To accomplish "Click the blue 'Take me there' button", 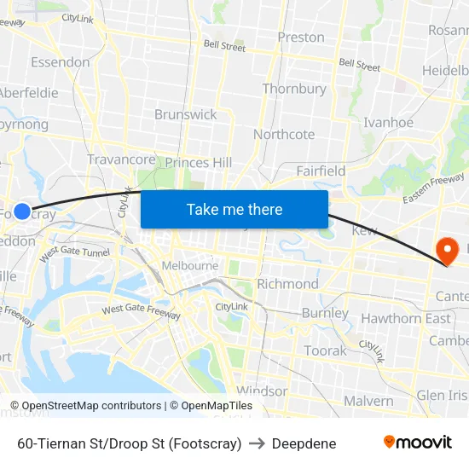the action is [234, 209].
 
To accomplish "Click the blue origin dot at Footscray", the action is [22, 211].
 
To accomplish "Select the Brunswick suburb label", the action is [185, 114].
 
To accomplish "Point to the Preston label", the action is [301, 38].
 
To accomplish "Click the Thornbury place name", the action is [294, 89].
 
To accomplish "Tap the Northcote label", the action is [284, 134].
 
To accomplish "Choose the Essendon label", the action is [60, 62].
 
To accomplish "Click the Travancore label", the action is [121, 159].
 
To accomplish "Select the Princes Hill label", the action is [198, 162].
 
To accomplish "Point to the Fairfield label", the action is [321, 171].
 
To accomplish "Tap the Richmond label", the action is [287, 284].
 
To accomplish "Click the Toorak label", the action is [326, 350].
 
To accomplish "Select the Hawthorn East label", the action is [406, 318].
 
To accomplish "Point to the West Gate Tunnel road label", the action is [75, 252].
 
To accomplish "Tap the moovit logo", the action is [417, 442].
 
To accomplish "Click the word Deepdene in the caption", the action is [304, 443].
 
